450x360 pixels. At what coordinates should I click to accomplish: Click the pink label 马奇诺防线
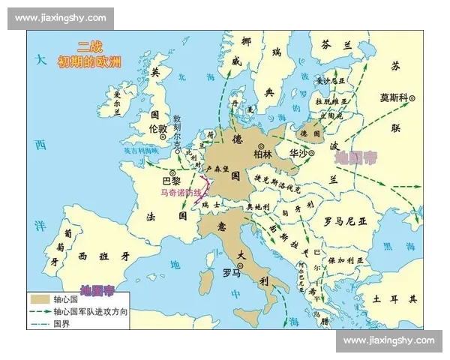coord(181,193)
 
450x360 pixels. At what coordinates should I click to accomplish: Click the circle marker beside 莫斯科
coord(411,98)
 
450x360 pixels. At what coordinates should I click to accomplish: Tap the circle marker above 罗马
coord(240,263)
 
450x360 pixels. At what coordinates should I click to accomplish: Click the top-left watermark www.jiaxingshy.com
coord(60,18)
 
